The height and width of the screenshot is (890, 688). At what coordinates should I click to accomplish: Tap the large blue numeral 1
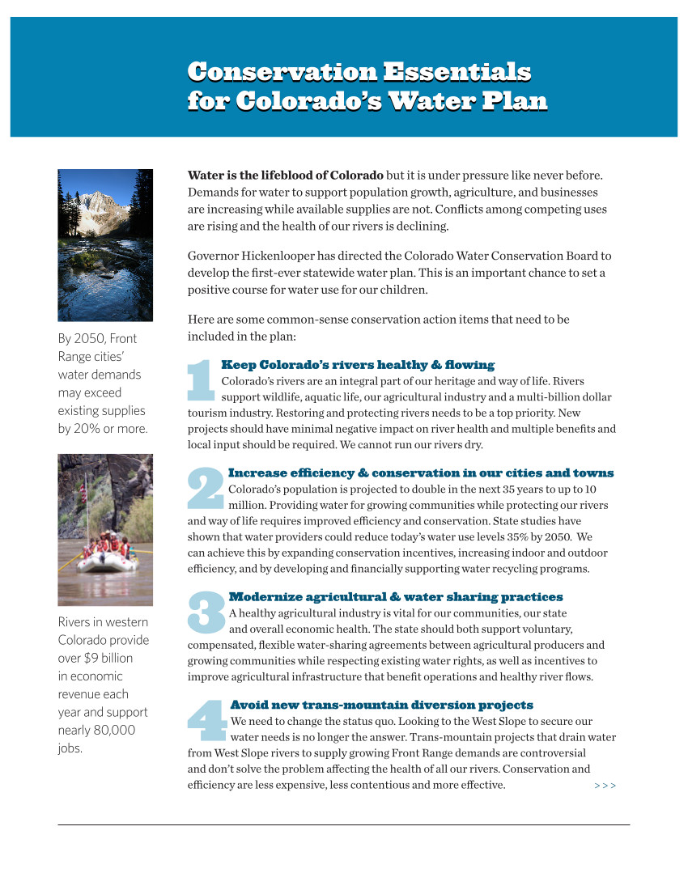click(200, 380)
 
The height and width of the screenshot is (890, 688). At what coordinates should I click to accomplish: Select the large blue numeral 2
click(206, 489)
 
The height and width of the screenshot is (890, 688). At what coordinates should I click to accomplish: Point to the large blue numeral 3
click(206, 613)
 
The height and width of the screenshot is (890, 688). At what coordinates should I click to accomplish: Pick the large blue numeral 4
click(207, 721)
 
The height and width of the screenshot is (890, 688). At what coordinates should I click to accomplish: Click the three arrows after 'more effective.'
click(605, 786)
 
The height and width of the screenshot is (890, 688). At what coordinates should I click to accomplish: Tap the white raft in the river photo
click(107, 562)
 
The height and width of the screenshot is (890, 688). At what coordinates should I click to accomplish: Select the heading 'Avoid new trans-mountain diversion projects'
click(382, 705)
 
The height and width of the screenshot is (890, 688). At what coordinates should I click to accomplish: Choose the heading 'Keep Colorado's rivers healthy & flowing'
click(358, 365)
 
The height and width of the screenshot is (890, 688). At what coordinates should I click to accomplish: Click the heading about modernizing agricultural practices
click(396, 597)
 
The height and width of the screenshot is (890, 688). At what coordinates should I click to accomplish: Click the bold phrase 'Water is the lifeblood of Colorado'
click(286, 175)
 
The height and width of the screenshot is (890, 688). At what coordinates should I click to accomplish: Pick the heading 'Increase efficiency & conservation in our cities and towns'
click(421, 473)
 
